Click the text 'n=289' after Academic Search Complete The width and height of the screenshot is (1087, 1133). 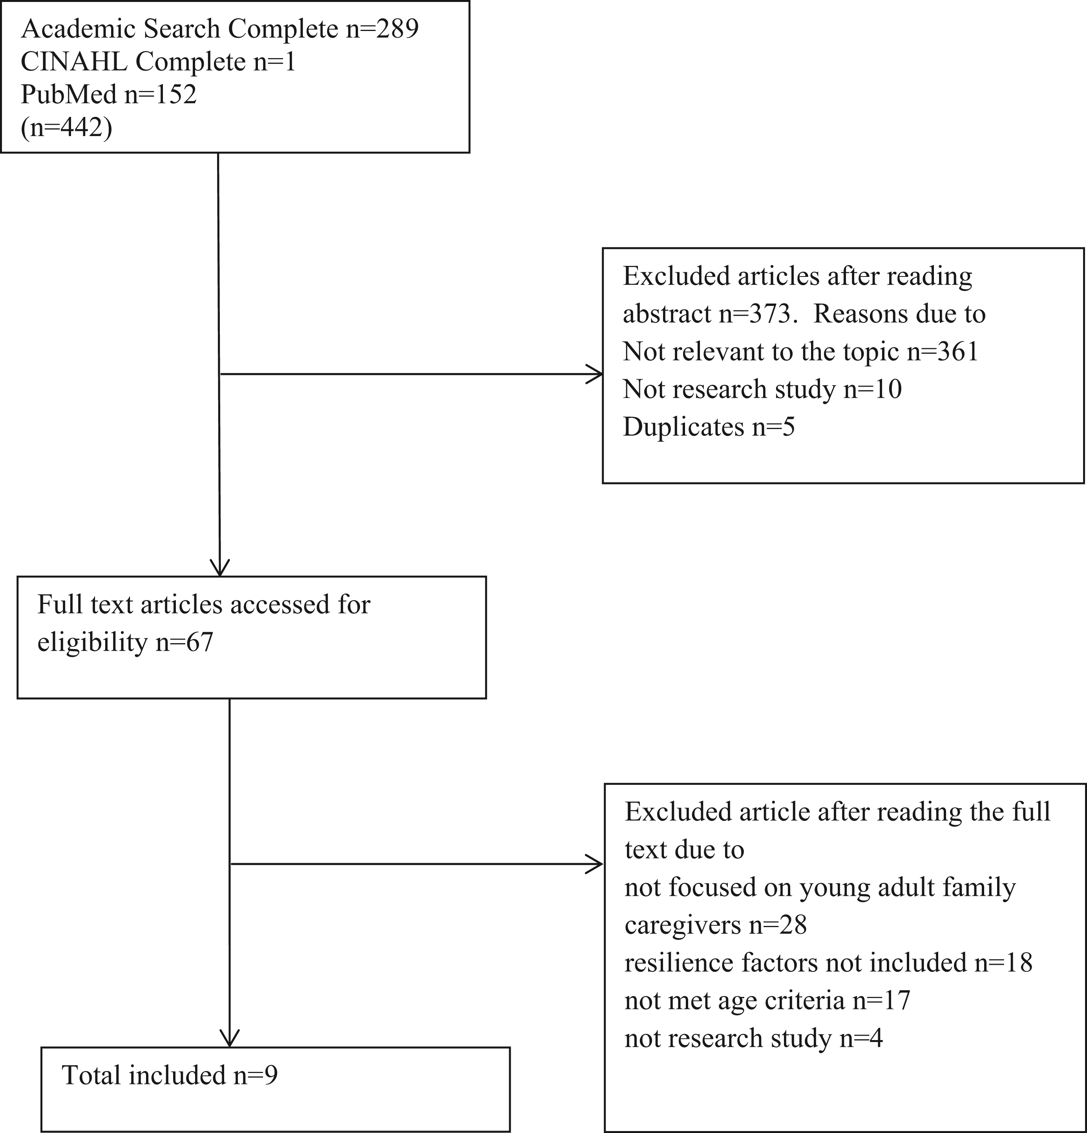(x=382, y=29)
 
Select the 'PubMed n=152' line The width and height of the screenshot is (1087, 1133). (x=109, y=94)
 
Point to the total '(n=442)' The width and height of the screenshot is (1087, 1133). (x=66, y=127)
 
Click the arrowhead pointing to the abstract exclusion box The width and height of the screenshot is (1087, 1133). (x=596, y=374)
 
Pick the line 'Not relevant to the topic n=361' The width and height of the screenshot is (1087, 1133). (x=800, y=351)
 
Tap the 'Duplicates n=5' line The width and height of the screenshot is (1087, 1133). (x=709, y=427)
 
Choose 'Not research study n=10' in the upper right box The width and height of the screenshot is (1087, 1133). (x=762, y=389)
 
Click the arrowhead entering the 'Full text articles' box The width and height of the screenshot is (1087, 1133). (x=220, y=568)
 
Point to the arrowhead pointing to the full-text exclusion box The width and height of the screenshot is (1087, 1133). (x=596, y=864)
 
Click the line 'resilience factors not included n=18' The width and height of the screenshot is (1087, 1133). (x=828, y=962)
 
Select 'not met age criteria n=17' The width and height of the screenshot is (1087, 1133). (x=767, y=1000)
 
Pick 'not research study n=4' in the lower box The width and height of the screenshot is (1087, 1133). (x=753, y=1038)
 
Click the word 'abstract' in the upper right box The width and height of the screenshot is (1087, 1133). (x=667, y=314)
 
